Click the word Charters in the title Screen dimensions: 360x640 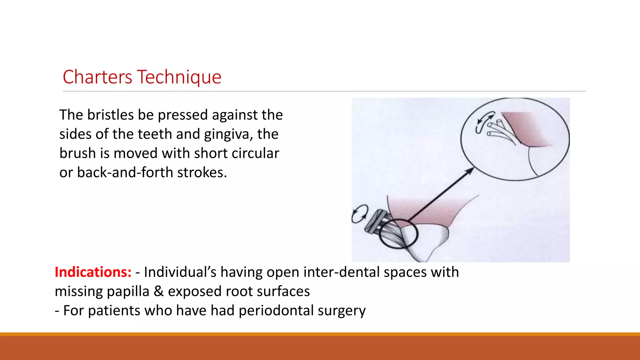pos(97,77)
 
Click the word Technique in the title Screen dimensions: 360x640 pos(179,77)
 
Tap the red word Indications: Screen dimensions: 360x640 pos(93,272)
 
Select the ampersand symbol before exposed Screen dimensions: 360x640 pos(158,291)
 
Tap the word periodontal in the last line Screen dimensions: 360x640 pos(276,311)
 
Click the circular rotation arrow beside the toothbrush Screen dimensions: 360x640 pos(360,214)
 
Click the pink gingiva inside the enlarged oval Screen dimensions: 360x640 pos(528,128)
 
